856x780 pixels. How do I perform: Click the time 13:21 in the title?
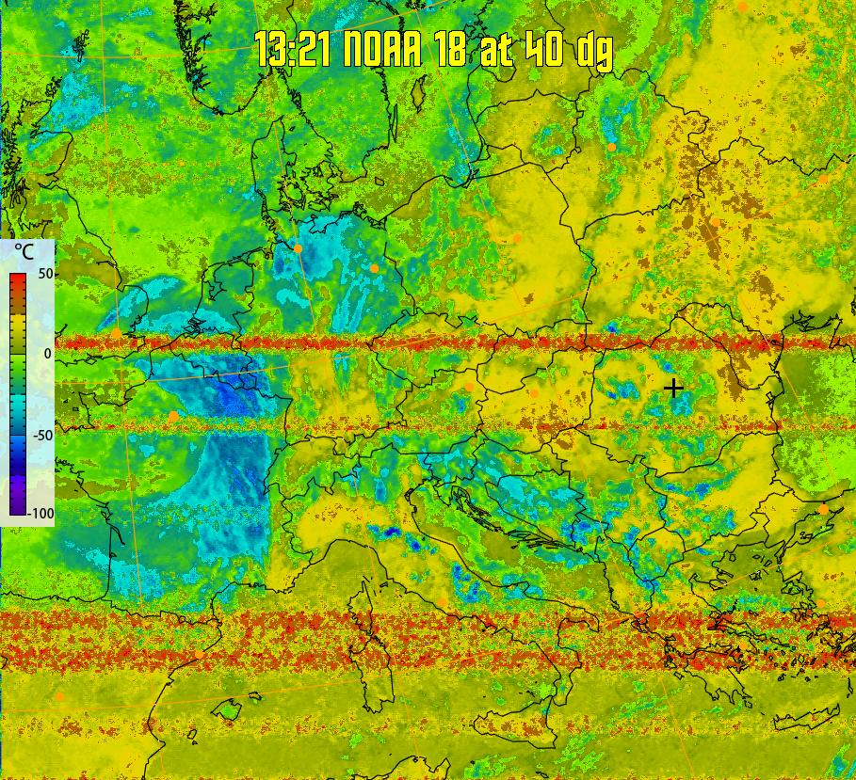(293, 50)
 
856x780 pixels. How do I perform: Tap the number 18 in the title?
(453, 50)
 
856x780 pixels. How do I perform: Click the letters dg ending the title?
(594, 52)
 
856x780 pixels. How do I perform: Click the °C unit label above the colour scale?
(24, 253)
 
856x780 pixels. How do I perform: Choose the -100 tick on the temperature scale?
(40, 514)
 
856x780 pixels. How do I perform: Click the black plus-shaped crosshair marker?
(673, 388)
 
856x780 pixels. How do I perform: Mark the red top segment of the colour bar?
(18, 281)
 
